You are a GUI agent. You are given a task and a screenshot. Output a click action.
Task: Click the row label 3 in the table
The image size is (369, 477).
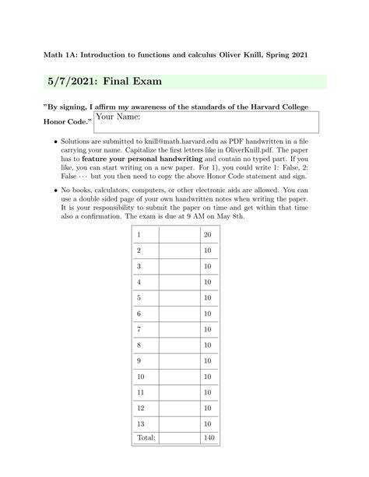coord(139,266)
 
